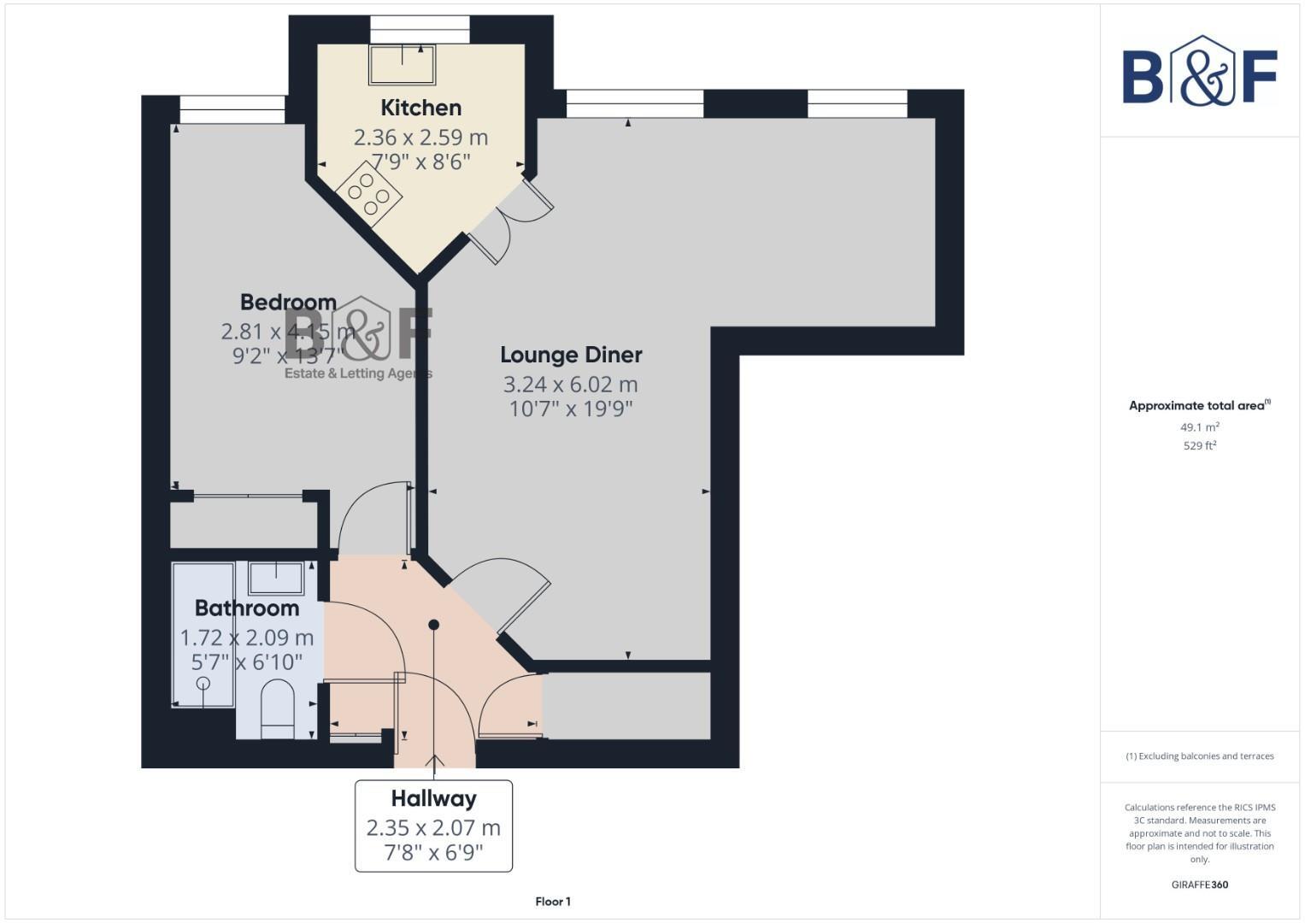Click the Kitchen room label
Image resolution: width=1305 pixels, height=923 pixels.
420,108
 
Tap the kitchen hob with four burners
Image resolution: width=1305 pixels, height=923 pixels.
369,195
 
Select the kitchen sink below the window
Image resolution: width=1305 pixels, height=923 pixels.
402,64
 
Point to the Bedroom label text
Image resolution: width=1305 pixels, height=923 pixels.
288,303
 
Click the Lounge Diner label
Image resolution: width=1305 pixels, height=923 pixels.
571,355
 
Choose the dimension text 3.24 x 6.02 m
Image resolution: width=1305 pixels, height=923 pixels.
571,385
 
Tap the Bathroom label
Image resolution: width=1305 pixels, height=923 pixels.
247,608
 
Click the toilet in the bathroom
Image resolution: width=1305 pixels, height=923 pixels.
277,708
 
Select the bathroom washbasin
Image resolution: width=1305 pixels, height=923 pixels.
275,579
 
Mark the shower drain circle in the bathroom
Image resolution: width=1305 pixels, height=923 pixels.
203,683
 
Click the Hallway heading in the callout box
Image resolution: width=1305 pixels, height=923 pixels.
433,799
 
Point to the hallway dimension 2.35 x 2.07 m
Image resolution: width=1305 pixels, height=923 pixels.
433,828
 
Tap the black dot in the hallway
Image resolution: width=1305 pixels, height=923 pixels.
434,625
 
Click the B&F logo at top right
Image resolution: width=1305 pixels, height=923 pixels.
1200,72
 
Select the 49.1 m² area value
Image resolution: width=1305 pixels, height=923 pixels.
1200,427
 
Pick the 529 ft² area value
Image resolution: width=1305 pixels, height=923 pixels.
1200,446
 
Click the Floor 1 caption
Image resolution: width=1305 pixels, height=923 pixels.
553,902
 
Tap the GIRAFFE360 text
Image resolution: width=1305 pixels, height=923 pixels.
1200,885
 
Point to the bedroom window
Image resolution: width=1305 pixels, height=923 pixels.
232,110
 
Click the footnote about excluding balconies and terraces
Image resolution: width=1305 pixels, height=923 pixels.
1200,756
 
